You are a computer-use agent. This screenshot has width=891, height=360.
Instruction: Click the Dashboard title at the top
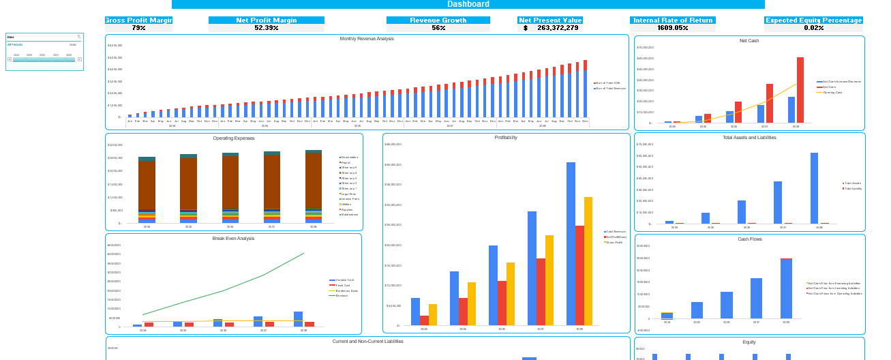[468, 4]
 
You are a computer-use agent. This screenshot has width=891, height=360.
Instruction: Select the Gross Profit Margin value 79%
[138, 28]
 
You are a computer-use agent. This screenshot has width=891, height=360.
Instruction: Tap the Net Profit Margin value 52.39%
[267, 28]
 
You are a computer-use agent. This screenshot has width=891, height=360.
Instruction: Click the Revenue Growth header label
[438, 20]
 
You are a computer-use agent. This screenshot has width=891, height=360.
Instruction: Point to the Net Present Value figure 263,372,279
[557, 28]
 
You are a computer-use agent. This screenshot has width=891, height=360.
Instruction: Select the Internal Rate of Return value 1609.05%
[672, 28]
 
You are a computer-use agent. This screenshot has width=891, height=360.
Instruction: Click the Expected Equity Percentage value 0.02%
[813, 28]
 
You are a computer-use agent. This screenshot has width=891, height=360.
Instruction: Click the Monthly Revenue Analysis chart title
[367, 39]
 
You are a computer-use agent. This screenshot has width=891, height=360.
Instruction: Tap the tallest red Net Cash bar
[800, 89]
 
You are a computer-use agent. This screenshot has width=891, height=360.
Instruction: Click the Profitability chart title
[506, 138]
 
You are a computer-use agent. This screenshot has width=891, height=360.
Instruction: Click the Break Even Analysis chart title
[233, 239]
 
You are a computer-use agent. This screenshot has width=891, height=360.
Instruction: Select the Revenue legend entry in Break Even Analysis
[342, 295]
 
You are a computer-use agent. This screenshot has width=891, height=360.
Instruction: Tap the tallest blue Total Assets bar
[814, 187]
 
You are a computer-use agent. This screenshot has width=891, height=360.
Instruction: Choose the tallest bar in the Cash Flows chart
[786, 288]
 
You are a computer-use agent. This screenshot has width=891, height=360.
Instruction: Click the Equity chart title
[749, 342]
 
